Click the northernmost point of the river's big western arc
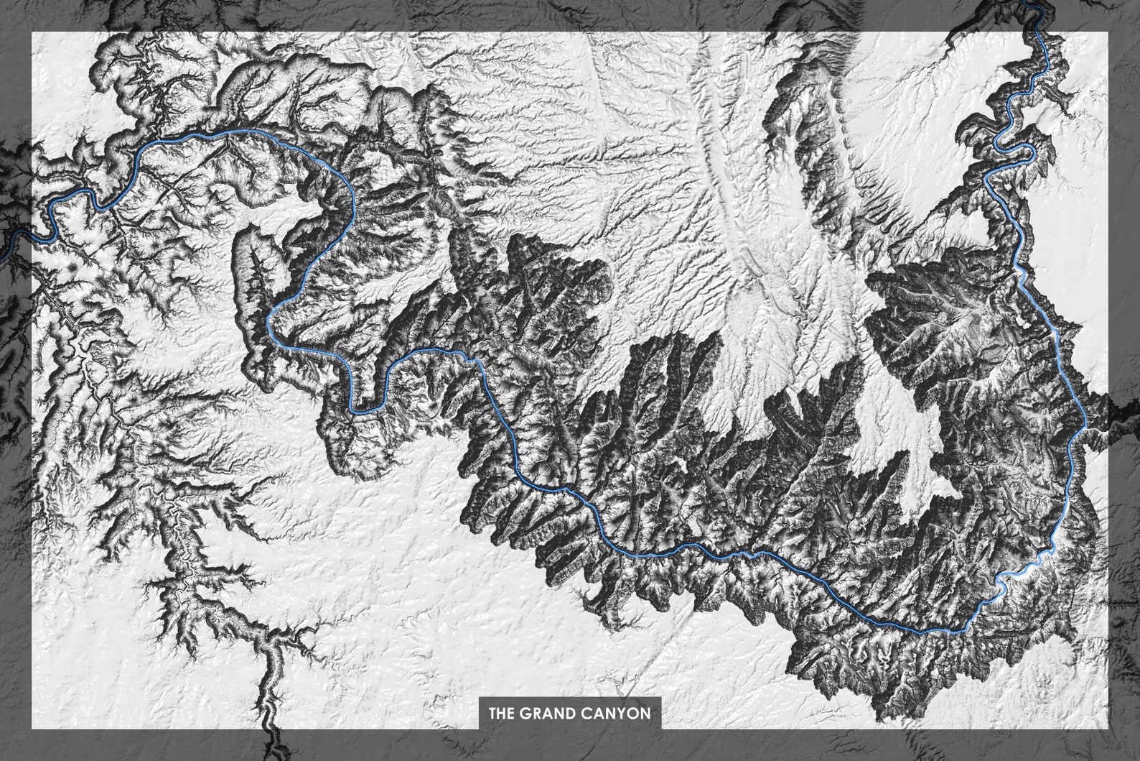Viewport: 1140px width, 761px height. pos(244,131)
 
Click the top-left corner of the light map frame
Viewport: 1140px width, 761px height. pos(31,32)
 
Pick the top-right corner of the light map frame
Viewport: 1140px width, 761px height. pos(1108,32)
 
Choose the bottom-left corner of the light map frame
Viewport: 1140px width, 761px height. pos(31,729)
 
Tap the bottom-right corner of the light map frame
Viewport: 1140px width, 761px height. pos(1108,729)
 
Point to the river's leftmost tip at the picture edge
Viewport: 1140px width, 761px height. pos(1,255)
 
